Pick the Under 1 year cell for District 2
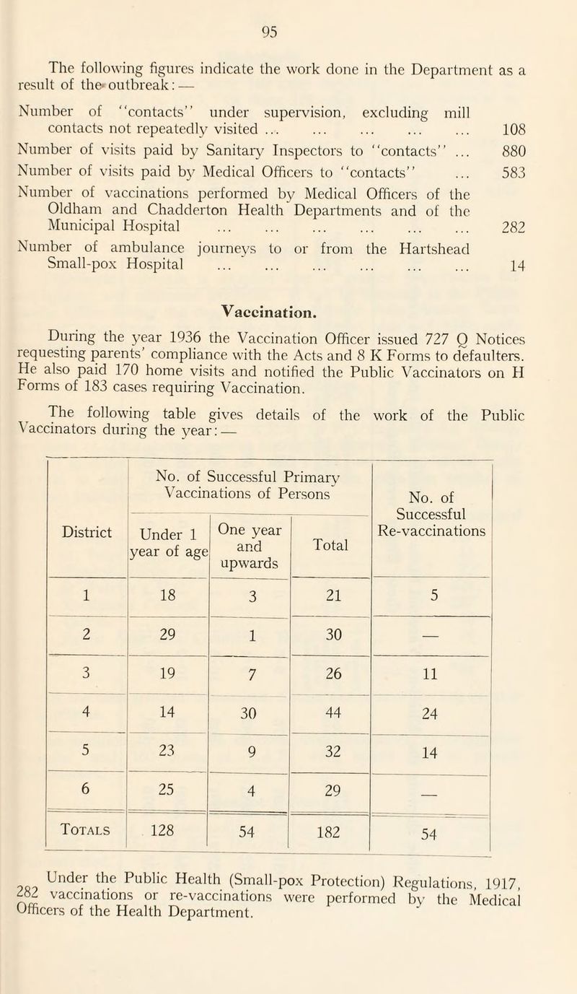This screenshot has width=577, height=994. (167, 627)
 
